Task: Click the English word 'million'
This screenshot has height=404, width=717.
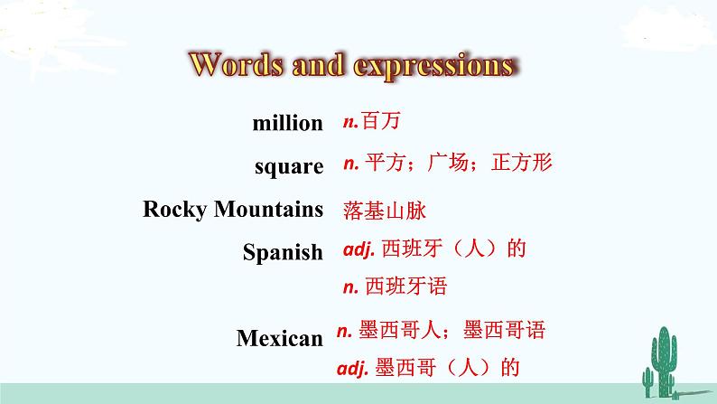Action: point(288,123)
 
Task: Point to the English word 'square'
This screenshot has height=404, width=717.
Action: point(289,166)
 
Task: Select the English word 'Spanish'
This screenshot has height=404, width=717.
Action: point(283,252)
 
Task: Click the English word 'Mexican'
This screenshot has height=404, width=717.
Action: point(280,338)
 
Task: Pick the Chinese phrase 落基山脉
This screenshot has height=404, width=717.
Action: point(384,211)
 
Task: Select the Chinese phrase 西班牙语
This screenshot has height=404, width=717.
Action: point(407,287)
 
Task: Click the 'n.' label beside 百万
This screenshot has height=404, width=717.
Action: point(351,118)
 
